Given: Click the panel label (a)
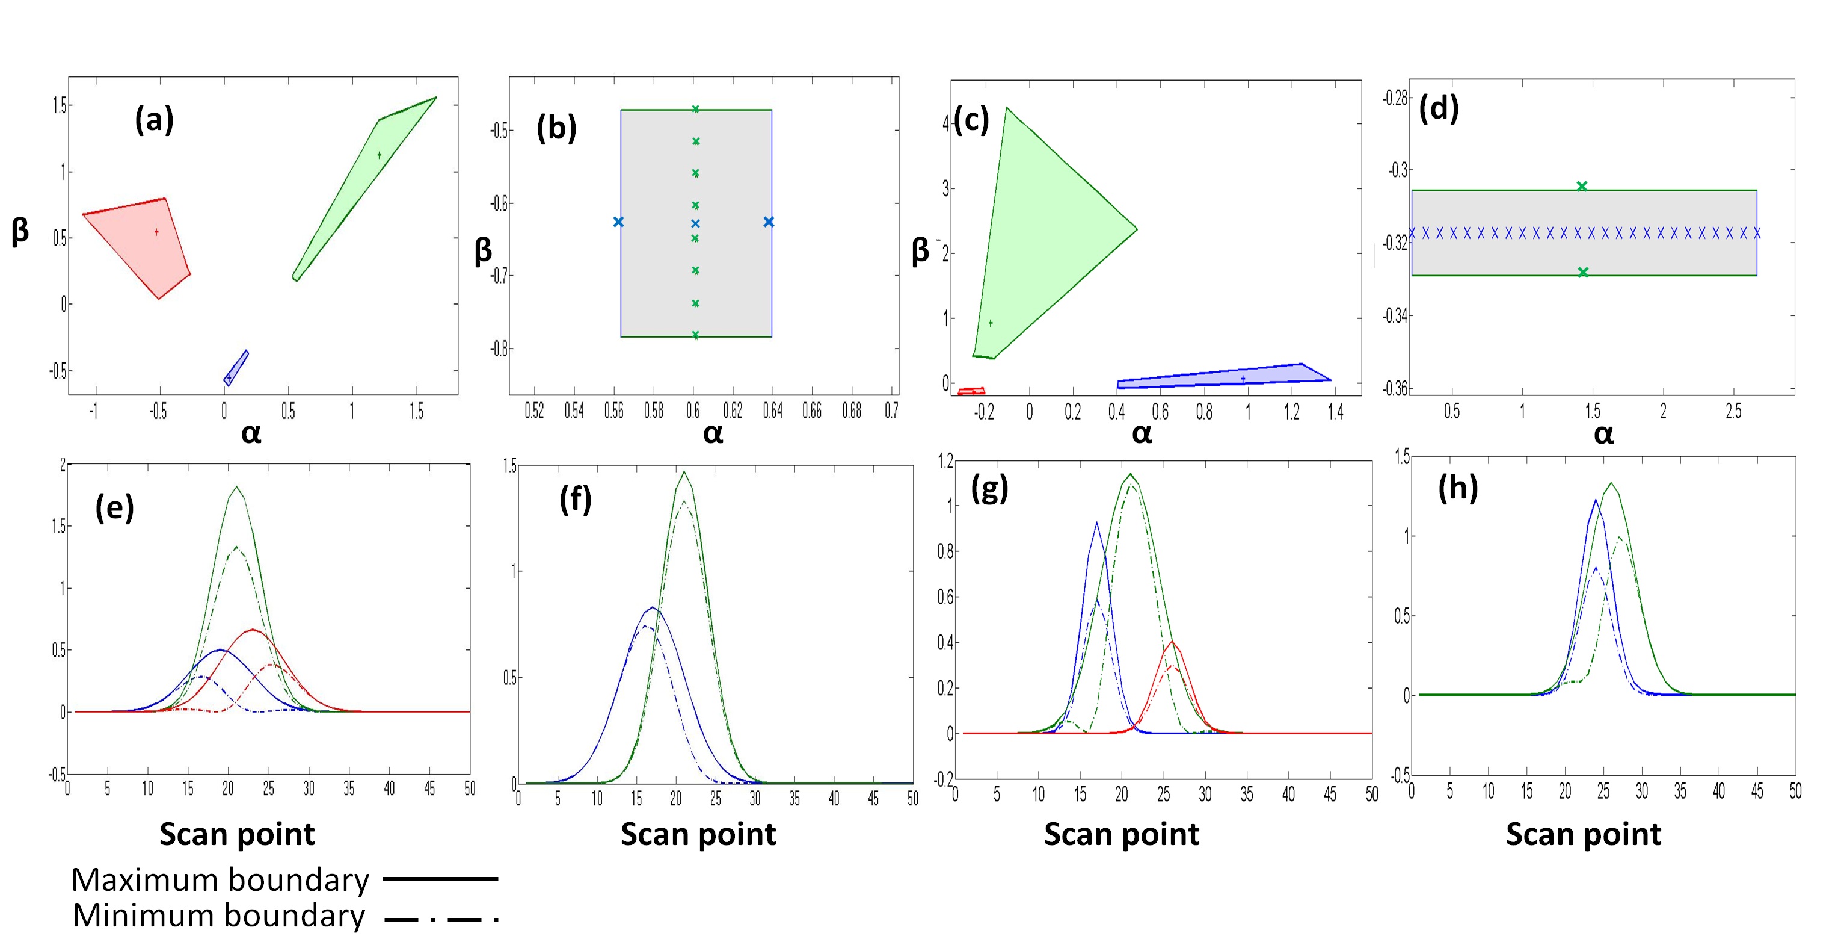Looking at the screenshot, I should pyautogui.click(x=154, y=120).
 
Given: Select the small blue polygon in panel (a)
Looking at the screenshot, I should pyautogui.click(x=236, y=368).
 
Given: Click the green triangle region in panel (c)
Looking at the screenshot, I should pyautogui.click(x=1040, y=229).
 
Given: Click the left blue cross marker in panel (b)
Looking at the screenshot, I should pyautogui.click(x=618, y=222).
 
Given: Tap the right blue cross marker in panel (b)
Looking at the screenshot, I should pyautogui.click(x=769, y=222).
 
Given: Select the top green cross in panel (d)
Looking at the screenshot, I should pyautogui.click(x=1582, y=187).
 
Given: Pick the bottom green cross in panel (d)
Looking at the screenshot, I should pyautogui.click(x=1582, y=273).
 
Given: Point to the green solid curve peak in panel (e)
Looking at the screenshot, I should pyautogui.click(x=236, y=488).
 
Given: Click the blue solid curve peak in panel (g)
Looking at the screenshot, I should pyautogui.click(x=1096, y=524).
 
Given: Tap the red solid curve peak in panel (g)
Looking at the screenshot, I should pyautogui.click(x=1172, y=642).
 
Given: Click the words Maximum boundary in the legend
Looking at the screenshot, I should pyautogui.click(x=220, y=879).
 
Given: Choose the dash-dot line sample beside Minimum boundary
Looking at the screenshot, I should pyautogui.click(x=440, y=918).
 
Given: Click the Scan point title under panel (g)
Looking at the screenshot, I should pyautogui.click(x=1122, y=834).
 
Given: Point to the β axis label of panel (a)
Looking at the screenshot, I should pyautogui.click(x=20, y=231).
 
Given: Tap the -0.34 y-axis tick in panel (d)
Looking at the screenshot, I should pyautogui.click(x=1395, y=315).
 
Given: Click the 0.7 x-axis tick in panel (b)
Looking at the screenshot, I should pyautogui.click(x=891, y=411).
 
